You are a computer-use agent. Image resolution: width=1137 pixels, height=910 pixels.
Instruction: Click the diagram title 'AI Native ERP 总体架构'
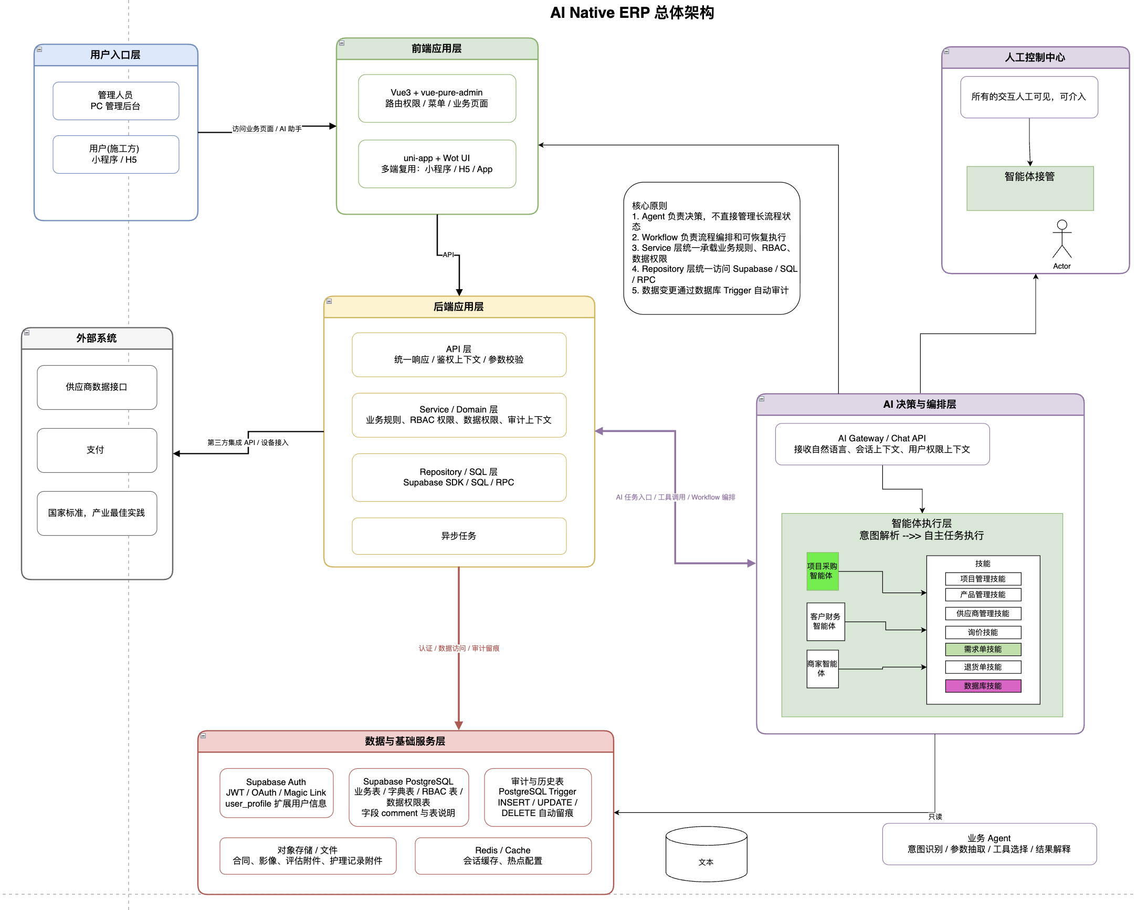(x=632, y=13)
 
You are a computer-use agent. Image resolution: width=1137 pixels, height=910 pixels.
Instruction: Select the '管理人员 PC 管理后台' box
(x=115, y=101)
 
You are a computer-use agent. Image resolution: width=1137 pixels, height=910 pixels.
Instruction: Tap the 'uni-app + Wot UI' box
(x=437, y=163)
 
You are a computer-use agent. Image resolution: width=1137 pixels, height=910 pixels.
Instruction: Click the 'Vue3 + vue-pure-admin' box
(x=437, y=98)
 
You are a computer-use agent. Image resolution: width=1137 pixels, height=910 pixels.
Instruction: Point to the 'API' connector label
(x=448, y=255)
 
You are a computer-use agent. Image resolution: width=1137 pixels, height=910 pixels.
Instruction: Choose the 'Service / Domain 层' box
(x=459, y=415)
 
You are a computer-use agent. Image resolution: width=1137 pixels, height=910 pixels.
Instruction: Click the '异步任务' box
(x=459, y=536)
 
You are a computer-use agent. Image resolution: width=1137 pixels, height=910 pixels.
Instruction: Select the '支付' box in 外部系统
(x=97, y=450)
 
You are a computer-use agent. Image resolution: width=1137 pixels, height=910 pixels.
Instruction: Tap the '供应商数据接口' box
(x=97, y=387)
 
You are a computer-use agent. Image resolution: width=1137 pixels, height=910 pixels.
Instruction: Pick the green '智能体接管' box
(x=1029, y=188)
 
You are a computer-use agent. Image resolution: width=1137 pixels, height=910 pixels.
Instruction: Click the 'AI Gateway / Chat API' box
(x=882, y=444)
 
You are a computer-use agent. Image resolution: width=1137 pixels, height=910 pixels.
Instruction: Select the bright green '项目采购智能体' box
(x=822, y=571)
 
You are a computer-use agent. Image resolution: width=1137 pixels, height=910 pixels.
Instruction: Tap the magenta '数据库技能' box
(x=983, y=685)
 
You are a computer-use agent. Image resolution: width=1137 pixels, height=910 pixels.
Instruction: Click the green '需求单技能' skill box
(x=983, y=649)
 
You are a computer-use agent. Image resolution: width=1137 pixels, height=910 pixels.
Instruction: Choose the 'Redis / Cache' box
(x=502, y=855)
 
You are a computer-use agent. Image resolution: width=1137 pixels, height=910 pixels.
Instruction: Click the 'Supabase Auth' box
(x=276, y=792)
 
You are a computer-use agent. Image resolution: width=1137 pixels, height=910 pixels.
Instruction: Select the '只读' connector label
(x=935, y=817)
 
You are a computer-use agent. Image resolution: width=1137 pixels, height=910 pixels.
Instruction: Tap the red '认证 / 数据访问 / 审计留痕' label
(x=459, y=648)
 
